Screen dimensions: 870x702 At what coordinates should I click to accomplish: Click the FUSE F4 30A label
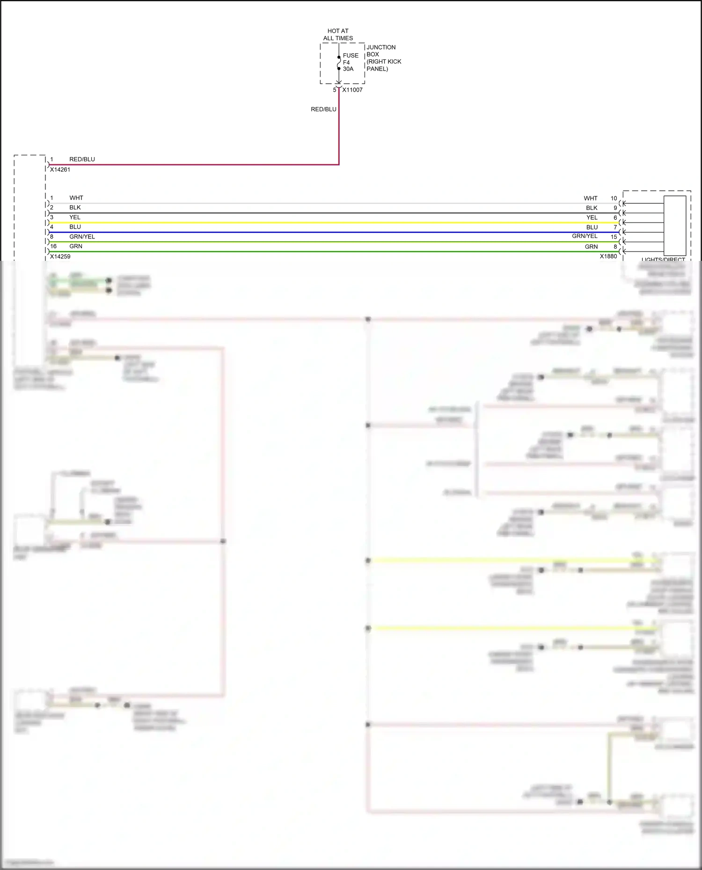coord(350,62)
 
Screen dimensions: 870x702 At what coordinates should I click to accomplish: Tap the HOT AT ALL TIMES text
coord(338,35)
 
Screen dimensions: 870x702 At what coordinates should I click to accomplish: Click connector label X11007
coord(352,90)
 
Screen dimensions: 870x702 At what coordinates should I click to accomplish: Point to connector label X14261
coord(60,170)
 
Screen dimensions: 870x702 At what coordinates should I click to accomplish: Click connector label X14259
coord(60,257)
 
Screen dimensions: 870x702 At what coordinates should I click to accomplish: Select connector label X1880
coord(608,256)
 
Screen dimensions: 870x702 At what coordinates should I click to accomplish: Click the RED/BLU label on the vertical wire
coord(323,109)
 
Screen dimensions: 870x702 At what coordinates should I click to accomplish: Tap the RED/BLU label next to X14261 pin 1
coord(82,159)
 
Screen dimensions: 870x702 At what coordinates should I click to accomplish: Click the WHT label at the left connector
coord(76,198)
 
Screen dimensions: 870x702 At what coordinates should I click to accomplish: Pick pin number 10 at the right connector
coord(614,198)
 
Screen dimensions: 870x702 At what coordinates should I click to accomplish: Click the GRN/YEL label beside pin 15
coord(585,236)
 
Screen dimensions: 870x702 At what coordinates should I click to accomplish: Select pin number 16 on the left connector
coord(53,246)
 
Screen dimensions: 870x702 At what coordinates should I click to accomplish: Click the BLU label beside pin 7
coord(592,227)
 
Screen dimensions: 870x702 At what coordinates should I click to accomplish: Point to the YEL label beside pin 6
coord(592,217)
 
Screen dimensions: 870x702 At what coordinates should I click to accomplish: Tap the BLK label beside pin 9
coord(592,208)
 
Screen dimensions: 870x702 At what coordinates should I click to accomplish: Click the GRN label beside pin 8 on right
coord(591,247)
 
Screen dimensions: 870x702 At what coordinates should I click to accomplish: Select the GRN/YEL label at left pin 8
coord(82,237)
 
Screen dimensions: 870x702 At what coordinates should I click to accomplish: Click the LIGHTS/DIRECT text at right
coord(663,259)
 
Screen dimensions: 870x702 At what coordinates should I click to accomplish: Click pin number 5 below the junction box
coord(334,90)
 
